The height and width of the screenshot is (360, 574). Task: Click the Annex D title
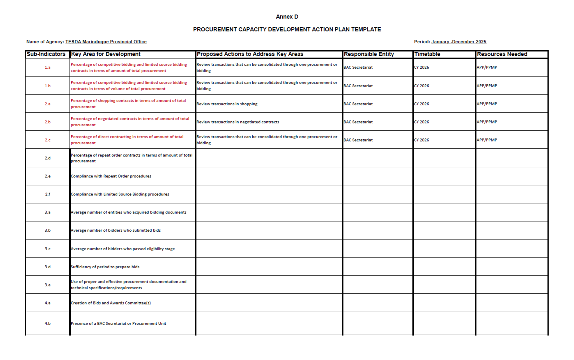(x=287, y=17)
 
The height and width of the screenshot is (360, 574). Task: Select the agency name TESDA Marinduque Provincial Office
(x=106, y=42)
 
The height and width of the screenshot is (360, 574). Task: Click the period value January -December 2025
(x=458, y=42)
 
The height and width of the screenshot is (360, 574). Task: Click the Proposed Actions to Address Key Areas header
(x=250, y=54)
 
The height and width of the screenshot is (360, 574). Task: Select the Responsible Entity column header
(x=369, y=54)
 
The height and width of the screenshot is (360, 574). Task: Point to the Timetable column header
(x=427, y=54)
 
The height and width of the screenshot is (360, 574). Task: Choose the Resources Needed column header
(x=502, y=54)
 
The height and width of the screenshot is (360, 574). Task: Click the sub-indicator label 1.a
(x=47, y=67)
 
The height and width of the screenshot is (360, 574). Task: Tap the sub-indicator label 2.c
(x=47, y=140)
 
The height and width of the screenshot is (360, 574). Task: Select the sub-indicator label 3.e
(x=47, y=285)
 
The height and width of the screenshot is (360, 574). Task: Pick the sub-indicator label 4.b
(x=47, y=324)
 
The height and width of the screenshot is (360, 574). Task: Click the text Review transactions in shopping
(x=227, y=104)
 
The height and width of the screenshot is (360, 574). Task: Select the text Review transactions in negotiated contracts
(x=238, y=122)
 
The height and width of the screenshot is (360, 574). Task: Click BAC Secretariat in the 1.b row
(x=358, y=86)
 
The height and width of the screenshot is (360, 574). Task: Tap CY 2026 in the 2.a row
(x=421, y=104)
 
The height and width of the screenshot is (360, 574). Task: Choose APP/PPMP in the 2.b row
(x=487, y=122)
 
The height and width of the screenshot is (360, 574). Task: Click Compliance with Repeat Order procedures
(x=111, y=176)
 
